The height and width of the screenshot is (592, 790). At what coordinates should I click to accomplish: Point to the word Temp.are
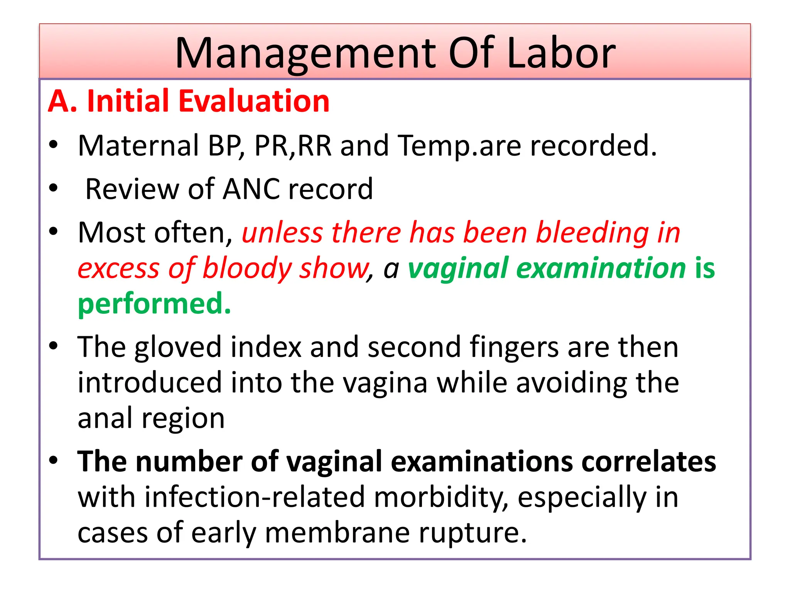459,146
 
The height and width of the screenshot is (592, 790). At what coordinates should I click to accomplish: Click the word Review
130,189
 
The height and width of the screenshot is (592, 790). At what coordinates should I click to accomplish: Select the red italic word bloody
247,269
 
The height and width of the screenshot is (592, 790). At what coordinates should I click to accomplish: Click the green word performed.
154,304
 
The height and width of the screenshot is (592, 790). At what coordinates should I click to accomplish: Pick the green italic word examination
601,269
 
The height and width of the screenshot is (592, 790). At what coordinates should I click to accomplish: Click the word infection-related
255,497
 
